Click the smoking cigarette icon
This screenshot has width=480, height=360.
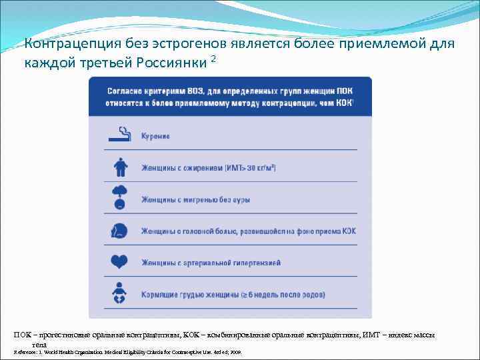(119, 135)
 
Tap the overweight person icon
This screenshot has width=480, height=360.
(119, 166)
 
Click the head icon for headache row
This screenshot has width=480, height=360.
(119, 230)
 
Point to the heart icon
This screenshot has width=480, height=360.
(119, 262)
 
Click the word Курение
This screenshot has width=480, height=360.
(155, 136)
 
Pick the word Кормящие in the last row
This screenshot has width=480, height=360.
(158, 294)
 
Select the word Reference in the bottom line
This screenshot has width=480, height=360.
(27, 351)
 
